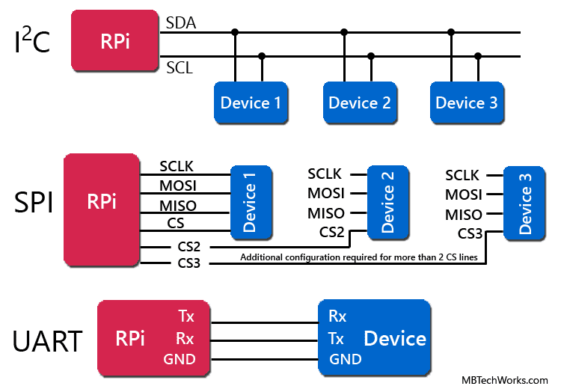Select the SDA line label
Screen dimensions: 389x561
(180, 23)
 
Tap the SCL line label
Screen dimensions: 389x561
(180, 68)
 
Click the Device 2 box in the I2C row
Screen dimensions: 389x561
(360, 103)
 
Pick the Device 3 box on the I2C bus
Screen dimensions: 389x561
(467, 103)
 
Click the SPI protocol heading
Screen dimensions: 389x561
(34, 202)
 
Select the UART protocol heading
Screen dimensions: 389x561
(47, 341)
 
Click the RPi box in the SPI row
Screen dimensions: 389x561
(102, 202)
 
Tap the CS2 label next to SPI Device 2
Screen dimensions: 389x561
(331, 232)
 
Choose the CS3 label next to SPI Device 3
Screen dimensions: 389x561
(470, 233)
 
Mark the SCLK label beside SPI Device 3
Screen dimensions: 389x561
(463, 176)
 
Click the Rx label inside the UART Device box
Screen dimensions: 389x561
(337, 316)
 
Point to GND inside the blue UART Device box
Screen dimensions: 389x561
(345, 359)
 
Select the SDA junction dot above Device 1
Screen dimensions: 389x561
(236, 32)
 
